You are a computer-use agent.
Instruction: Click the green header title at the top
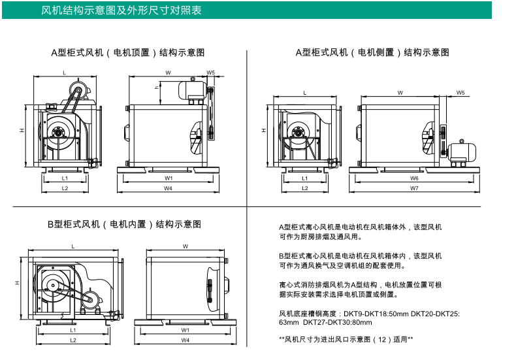[121, 10]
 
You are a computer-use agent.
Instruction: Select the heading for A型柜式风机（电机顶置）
[127, 52]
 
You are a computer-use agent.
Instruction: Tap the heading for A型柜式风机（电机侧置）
[372, 52]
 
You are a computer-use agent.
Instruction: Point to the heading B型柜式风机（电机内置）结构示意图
[123, 224]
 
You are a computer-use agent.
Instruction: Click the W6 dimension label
[414, 178]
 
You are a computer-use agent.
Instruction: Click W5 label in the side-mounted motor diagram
[460, 93]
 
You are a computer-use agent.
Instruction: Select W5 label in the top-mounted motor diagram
[211, 73]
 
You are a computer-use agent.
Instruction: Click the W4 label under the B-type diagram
[185, 340]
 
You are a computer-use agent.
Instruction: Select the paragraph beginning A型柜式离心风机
[360, 231]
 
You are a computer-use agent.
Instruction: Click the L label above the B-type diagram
[73, 246]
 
